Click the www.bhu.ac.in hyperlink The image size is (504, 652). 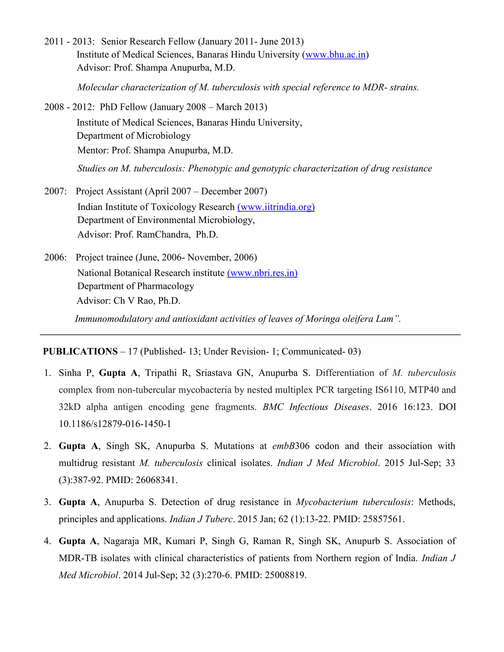pyautogui.click(x=335, y=55)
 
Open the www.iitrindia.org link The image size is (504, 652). pyautogui.click(x=276, y=207)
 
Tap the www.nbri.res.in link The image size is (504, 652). pyautogui.click(x=262, y=273)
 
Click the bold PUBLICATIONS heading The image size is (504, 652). pyautogui.click(x=80, y=351)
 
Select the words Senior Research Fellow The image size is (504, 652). pyautogui.click(x=148, y=42)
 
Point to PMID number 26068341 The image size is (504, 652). pyautogui.click(x=156, y=480)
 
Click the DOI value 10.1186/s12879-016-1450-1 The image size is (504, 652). pyautogui.click(x=115, y=424)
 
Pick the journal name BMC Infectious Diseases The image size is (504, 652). pyautogui.click(x=315, y=407)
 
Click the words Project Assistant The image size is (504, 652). pyautogui.click(x=109, y=191)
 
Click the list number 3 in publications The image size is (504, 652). pyautogui.click(x=47, y=502)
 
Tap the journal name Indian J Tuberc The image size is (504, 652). pyautogui.click(x=201, y=519)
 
